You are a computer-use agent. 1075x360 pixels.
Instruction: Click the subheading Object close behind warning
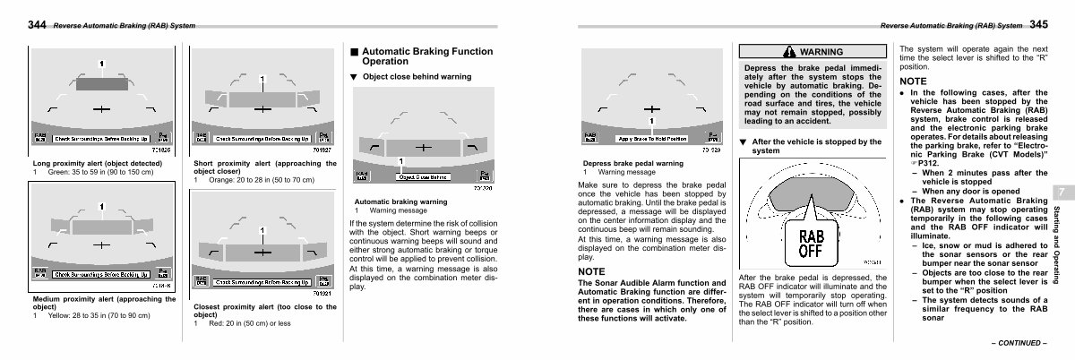tap(417, 77)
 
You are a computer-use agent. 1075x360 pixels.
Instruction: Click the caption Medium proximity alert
tap(103, 302)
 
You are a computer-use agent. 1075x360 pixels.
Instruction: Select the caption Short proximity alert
tap(264, 167)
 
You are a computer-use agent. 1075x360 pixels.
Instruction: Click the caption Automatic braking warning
tap(401, 201)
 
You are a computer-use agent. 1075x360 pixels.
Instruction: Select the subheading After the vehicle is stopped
tap(815, 147)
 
